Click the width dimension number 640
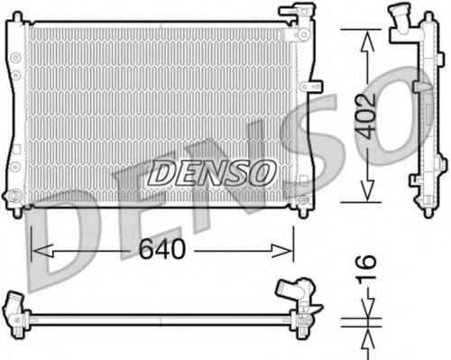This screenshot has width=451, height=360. (x=162, y=250)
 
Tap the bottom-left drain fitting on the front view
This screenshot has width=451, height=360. (x=14, y=193)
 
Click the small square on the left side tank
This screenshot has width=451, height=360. (x=14, y=76)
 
